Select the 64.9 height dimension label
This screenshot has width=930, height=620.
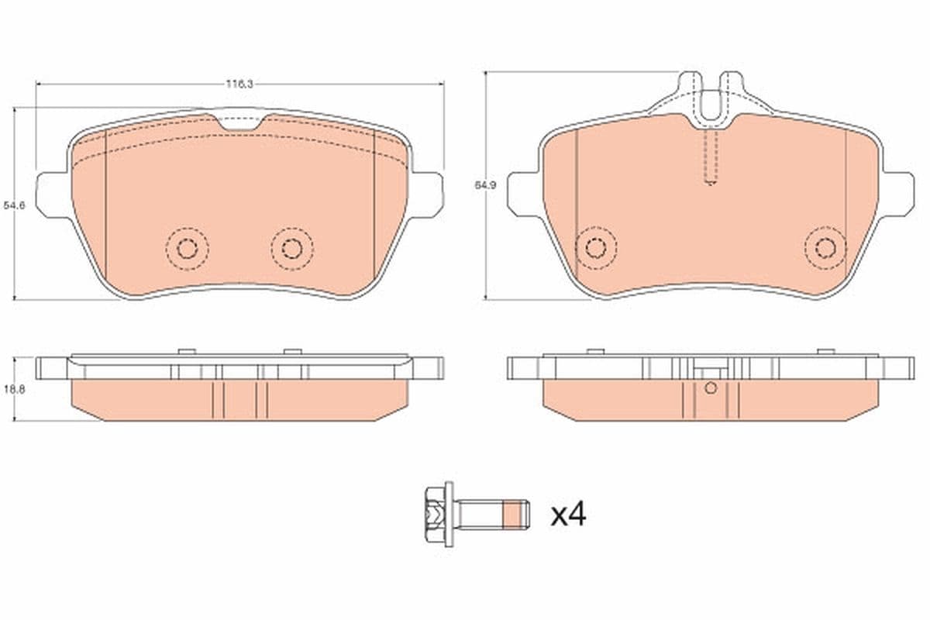coord(481,185)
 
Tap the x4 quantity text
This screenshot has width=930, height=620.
coord(568,515)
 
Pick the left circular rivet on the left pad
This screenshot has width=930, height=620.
coord(187,248)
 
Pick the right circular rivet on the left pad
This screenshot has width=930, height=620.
coord(292,248)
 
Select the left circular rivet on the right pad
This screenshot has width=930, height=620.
coord(595,248)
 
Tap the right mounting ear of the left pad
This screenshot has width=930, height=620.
coord(428,194)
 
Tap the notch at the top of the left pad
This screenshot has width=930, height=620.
coord(241,122)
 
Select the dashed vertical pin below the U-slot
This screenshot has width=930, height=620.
coord(711,159)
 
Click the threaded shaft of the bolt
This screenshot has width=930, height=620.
coord(480,512)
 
